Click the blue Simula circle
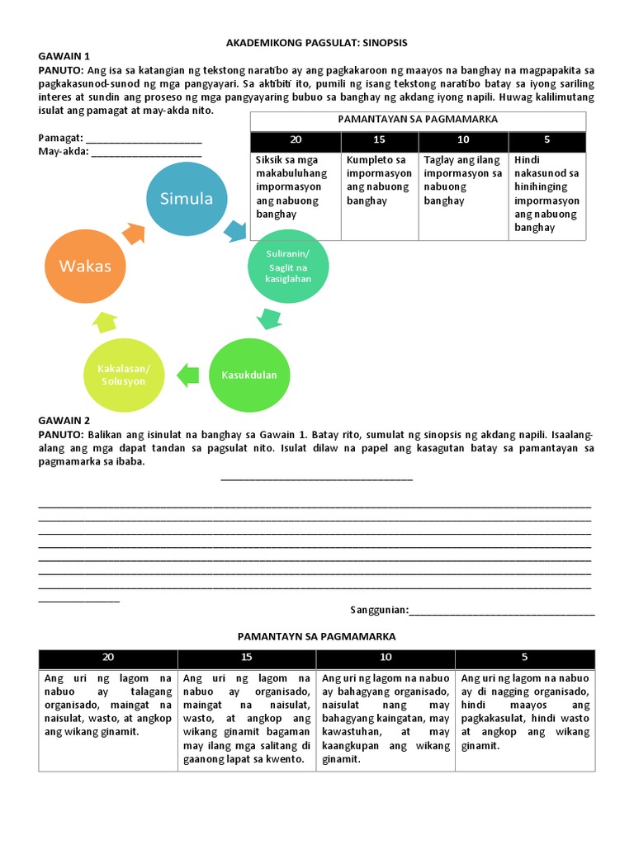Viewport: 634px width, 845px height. tap(186, 199)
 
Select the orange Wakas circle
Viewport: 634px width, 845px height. tap(84, 266)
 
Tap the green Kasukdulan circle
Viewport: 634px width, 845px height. tap(249, 375)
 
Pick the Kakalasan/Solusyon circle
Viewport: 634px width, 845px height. tap(123, 375)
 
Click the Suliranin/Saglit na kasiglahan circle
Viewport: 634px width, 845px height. tap(288, 266)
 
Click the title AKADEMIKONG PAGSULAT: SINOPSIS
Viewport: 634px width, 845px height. tap(317, 42)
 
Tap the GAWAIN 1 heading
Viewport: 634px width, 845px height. tap(64, 55)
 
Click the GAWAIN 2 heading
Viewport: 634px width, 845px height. tap(64, 420)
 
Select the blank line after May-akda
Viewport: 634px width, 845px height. tap(146, 152)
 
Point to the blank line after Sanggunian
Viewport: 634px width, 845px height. tap(502, 611)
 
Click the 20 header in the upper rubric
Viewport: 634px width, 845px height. tap(296, 140)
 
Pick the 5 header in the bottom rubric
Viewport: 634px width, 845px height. tap(524, 658)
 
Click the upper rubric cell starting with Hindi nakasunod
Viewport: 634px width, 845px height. tap(546, 193)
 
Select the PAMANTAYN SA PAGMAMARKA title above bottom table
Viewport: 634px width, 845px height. tap(317, 636)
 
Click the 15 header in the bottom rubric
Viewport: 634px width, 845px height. tap(247, 658)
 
